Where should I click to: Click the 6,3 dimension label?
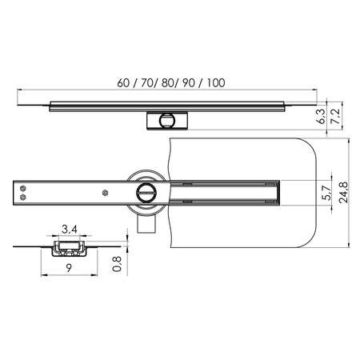[322, 116]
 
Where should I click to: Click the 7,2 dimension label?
[336, 116]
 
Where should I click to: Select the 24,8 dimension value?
[343, 193]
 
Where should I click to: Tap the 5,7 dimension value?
[327, 193]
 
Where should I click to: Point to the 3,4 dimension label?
[70, 229]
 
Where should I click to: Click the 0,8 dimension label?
[117, 264]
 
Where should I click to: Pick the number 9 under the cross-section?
[69, 268]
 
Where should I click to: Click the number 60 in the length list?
[123, 83]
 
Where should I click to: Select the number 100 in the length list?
[216, 83]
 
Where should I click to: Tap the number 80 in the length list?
[167, 83]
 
